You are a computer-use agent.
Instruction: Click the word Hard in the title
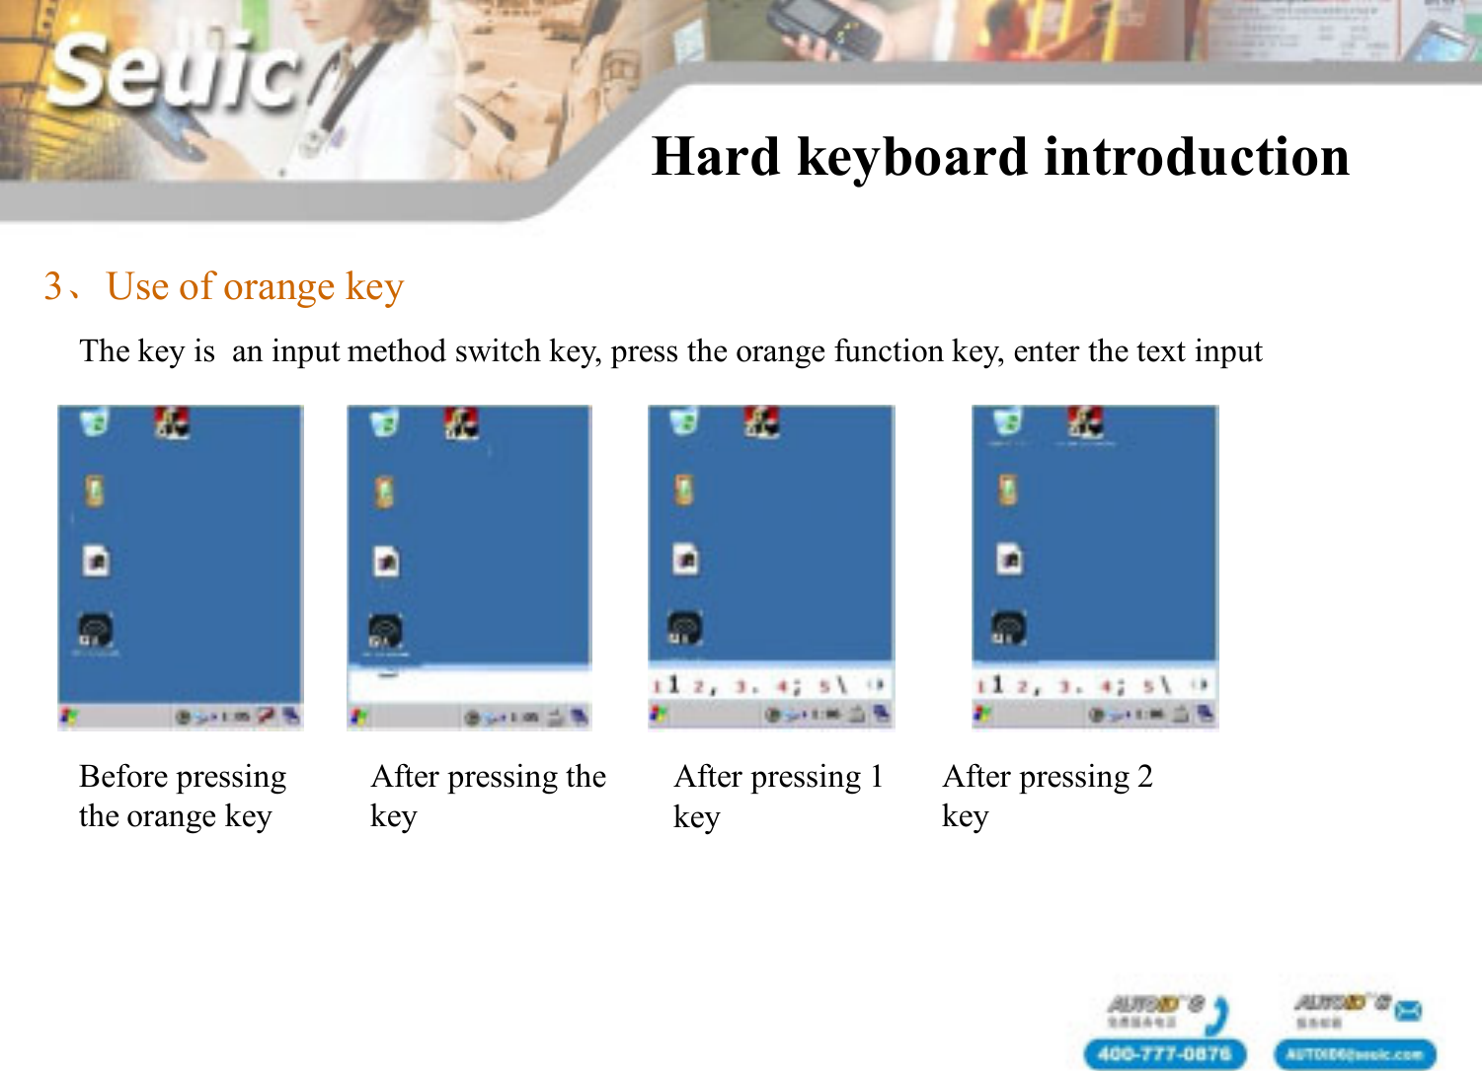click(x=716, y=158)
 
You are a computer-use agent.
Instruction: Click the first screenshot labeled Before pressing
click(x=180, y=567)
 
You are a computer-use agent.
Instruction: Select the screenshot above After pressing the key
click(x=469, y=567)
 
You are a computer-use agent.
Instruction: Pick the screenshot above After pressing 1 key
click(x=770, y=567)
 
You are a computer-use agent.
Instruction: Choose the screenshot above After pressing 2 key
click(x=1095, y=567)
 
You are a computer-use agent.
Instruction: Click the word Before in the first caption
click(x=123, y=777)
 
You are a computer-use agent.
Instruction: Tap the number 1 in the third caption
click(x=876, y=777)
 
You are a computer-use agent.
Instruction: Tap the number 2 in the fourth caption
click(x=1144, y=777)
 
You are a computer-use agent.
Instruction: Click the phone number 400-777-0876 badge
click(x=1164, y=1053)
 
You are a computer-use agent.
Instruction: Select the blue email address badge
click(x=1354, y=1053)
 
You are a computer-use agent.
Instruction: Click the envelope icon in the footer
click(x=1409, y=1010)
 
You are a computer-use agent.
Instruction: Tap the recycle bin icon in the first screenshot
click(x=94, y=423)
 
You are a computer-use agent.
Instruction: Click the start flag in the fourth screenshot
click(x=982, y=713)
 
